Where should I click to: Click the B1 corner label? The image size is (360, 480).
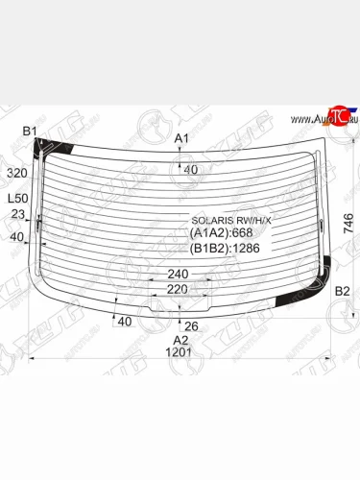click(x=29, y=130)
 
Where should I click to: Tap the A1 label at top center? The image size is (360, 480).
click(x=180, y=140)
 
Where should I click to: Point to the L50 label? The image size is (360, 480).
click(x=17, y=198)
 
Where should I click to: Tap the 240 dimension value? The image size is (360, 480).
click(x=178, y=274)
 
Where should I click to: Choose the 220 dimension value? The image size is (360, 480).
click(x=178, y=288)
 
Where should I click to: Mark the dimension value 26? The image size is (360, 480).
click(x=191, y=325)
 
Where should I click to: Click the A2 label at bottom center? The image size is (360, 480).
click(x=180, y=340)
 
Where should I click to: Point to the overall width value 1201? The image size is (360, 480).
click(x=180, y=352)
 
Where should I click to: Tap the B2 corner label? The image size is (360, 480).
click(x=342, y=291)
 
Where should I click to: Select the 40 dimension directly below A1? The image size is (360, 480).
click(x=190, y=169)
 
